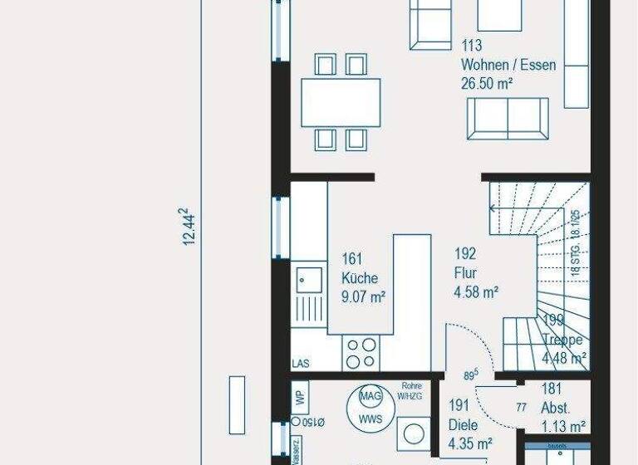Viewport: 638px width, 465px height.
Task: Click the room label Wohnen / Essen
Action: pos(508,65)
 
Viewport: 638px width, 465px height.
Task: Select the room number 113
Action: pos(471,46)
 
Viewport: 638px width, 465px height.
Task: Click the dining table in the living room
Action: pos(341,101)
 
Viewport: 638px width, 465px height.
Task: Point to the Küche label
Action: pos(360,278)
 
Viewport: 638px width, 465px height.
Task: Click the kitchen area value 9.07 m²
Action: pos(362,296)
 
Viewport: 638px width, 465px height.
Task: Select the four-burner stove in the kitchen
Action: pos(361,353)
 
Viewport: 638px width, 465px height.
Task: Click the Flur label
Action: pos(464,273)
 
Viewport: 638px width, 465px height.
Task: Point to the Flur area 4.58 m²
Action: pos(476,291)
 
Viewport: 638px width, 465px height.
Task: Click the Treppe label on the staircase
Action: pos(562,340)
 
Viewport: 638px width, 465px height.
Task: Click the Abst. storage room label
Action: pos(555,408)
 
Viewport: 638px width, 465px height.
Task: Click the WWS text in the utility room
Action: pos(371,419)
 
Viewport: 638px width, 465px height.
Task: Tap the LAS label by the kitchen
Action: pos(301,364)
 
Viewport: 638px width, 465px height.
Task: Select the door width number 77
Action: pos(522,407)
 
